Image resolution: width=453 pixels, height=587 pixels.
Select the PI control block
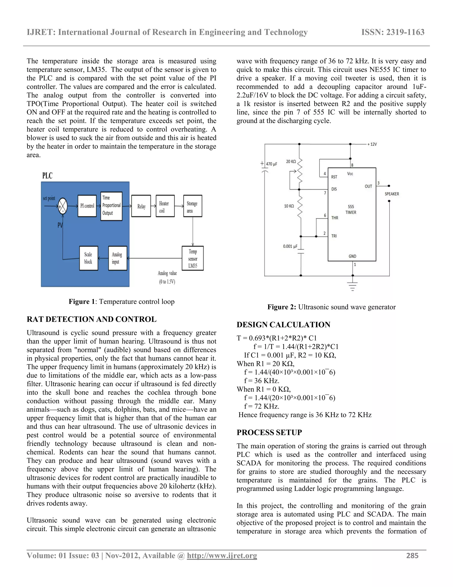[87, 206]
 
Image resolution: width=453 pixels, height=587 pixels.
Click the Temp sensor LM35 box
[192, 258]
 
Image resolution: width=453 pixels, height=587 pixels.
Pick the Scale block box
[88, 258]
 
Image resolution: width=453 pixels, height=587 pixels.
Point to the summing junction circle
[63, 206]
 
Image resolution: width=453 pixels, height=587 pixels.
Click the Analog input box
[117, 258]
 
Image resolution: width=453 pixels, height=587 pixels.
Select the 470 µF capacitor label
[271, 164]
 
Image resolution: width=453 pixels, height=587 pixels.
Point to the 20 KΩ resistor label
[291, 161]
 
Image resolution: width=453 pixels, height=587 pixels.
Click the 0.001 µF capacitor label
[290, 246]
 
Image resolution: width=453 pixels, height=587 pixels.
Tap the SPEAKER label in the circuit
[392, 194]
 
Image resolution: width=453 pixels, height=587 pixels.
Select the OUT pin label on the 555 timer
[368, 186]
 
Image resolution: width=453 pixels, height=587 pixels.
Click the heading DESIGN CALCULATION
[283, 325]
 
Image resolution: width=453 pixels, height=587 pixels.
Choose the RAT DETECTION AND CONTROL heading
[91, 319]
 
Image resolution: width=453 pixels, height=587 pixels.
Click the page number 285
[412, 556]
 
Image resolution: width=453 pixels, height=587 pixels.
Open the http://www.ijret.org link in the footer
[222, 556]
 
